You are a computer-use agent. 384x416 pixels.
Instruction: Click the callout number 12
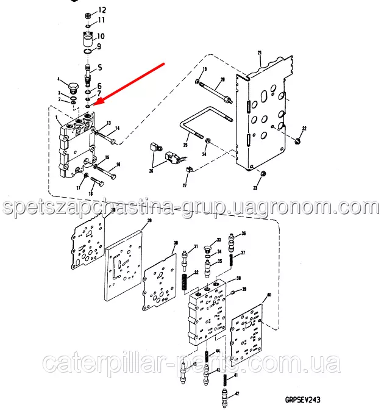coord(102,10)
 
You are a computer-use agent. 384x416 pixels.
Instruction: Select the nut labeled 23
coord(263,174)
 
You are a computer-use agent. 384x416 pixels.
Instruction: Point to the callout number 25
coord(185,145)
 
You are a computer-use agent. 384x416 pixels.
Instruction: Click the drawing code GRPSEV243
coord(302,400)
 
